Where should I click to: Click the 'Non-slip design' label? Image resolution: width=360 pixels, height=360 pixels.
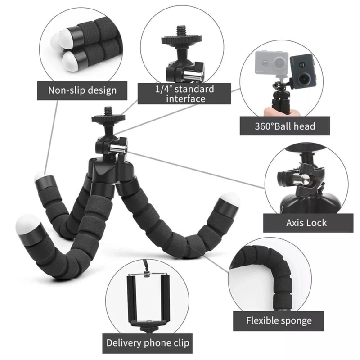(82, 90)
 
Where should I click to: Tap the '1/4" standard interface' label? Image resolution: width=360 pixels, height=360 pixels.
(184, 94)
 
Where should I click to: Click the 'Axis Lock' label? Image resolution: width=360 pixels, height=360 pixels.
(306, 223)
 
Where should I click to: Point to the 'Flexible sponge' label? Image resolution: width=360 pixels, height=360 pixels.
(279, 321)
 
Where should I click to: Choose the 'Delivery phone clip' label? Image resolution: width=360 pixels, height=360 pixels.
(148, 343)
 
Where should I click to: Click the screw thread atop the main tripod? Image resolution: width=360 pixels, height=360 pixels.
(108, 111)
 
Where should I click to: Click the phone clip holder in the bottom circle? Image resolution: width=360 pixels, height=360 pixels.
(148, 298)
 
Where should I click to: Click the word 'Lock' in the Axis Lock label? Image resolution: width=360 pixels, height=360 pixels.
(317, 223)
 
